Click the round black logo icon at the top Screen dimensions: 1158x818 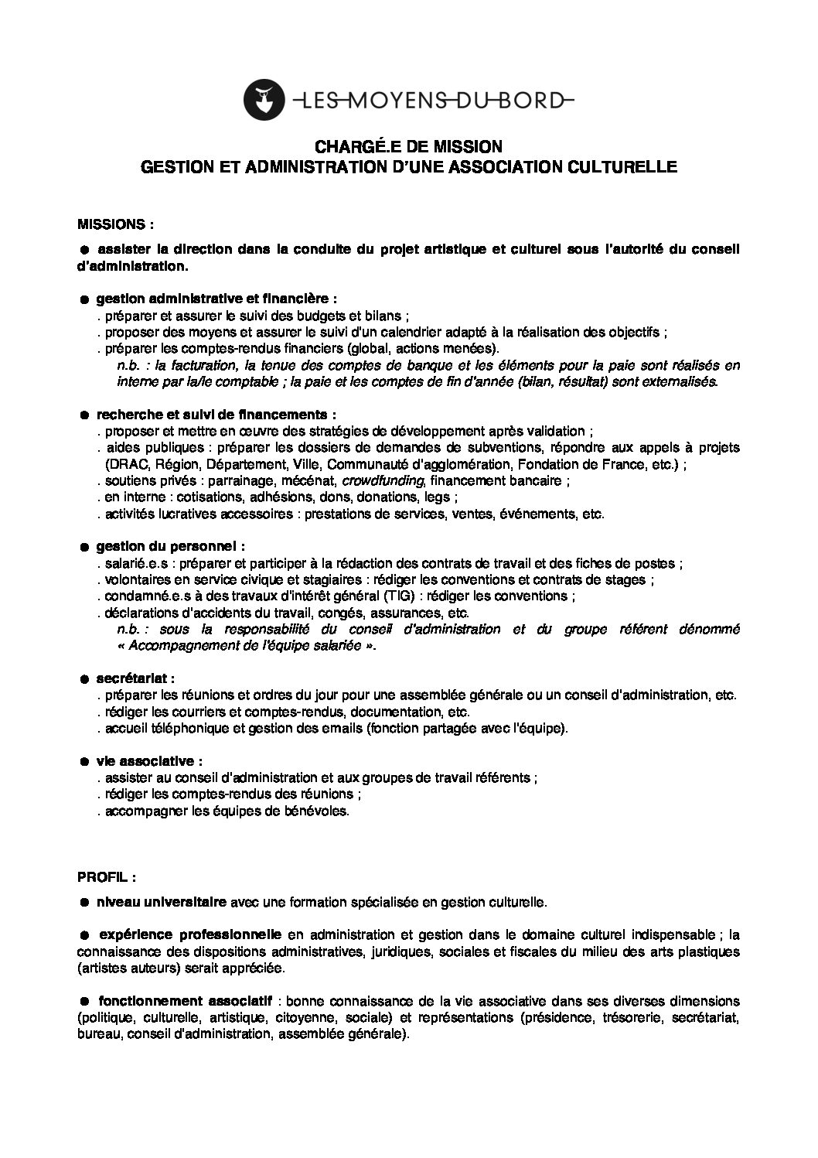(x=261, y=97)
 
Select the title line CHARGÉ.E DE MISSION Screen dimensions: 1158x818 (x=408, y=146)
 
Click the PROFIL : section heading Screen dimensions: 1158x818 (x=107, y=878)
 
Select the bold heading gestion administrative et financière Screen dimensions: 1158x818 (x=216, y=298)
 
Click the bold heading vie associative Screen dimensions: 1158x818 (x=149, y=760)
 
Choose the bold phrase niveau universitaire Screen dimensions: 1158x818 (x=161, y=901)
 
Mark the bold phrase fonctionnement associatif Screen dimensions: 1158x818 (x=183, y=1000)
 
